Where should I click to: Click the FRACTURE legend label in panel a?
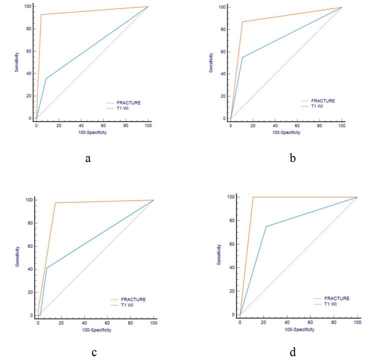coord(128,103)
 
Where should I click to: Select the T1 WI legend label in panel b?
coord(317,106)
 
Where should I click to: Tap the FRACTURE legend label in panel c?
coord(133,299)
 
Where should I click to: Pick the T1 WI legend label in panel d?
coord(330,304)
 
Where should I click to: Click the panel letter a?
coord(88,158)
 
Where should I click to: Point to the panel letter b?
coord(293,158)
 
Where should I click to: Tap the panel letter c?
coord(94,352)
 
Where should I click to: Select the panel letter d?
coord(293,351)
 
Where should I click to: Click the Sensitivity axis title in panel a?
coord(16,62)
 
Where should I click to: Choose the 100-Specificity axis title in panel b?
coord(286,132)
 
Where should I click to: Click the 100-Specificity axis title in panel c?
coord(96,330)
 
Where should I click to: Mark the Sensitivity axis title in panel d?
coord(219,254)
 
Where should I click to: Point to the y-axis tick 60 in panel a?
coord(29,51)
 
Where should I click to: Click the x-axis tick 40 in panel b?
coord(275,125)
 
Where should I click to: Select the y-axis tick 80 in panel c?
coord(30,223)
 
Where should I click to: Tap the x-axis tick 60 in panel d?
coord(310,322)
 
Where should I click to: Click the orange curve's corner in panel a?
coord(41,14)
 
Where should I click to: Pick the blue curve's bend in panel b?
coord(242,57)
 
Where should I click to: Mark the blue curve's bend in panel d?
coord(266,226)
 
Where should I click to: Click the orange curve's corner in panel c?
coord(55,203)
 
